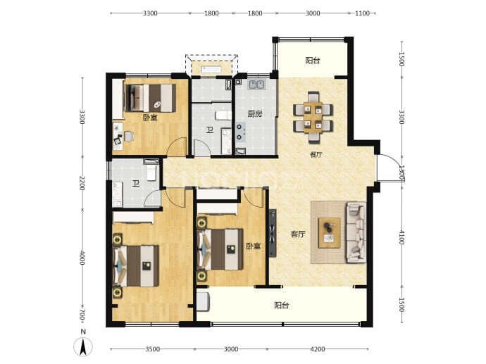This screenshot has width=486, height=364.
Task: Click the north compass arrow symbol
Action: pyautogui.click(x=82, y=347)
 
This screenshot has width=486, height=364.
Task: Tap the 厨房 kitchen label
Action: pyautogui.click(x=255, y=114)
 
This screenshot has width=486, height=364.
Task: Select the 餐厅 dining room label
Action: pyautogui.click(x=316, y=155)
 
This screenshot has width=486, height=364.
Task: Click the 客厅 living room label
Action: pyautogui.click(x=298, y=234)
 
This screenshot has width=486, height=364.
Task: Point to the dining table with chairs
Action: pyautogui.click(x=313, y=118)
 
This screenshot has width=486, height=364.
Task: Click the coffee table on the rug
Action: pyautogui.click(x=330, y=232)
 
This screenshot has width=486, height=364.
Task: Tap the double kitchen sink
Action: pyautogui.click(x=256, y=84)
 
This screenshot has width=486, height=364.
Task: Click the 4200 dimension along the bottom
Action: pyautogui.click(x=318, y=349)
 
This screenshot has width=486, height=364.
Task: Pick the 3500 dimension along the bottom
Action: pyautogui.click(x=153, y=349)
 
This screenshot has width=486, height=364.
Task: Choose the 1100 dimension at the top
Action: pyautogui.click(x=362, y=13)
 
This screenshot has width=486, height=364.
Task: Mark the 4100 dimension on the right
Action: pyautogui.click(x=401, y=237)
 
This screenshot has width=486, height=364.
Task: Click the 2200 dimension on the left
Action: pyautogui.click(x=82, y=183)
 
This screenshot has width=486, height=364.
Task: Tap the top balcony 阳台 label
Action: pyautogui.click(x=313, y=61)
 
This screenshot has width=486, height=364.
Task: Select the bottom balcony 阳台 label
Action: pyautogui.click(x=282, y=306)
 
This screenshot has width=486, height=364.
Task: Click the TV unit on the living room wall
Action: pyautogui.click(x=273, y=233)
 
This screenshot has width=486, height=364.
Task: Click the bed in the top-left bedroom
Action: pyautogui.click(x=150, y=98)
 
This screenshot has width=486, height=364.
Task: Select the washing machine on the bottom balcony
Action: pyautogui.click(x=204, y=301)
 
